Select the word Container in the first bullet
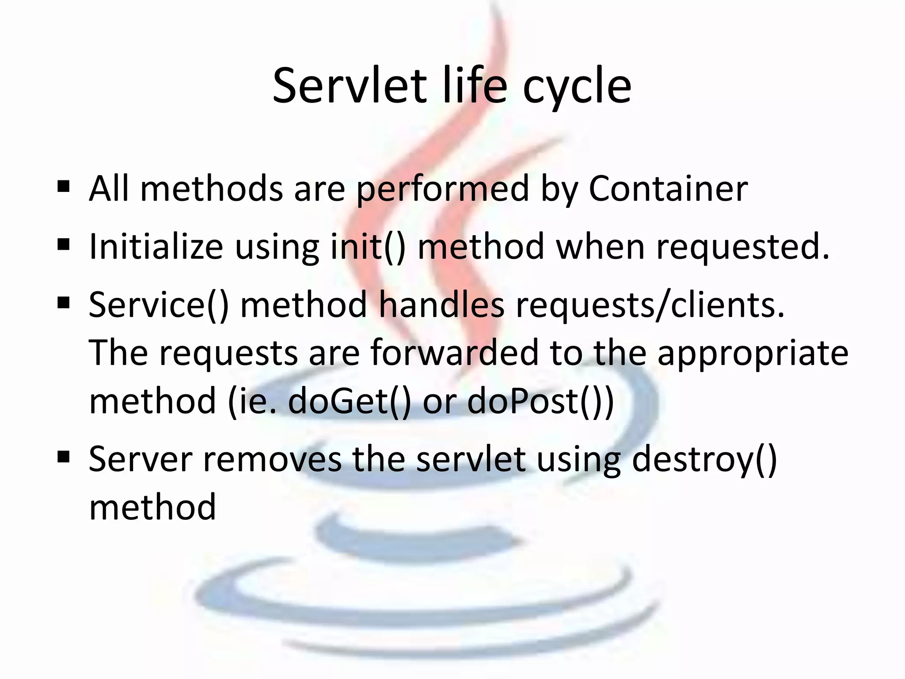tap(668, 189)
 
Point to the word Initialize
tap(156, 247)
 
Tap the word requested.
tap(743, 248)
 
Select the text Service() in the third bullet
tap(159, 305)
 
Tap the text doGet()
tap(350, 401)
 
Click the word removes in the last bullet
tap(272, 459)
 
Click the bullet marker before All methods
tap(64, 187)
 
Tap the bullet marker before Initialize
tap(64, 244)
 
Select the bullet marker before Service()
tap(64, 303)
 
